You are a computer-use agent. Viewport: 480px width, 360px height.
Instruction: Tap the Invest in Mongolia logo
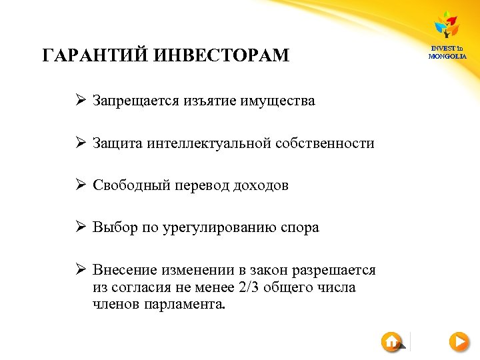(x=447, y=35)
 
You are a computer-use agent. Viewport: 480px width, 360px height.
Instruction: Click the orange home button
(x=391, y=342)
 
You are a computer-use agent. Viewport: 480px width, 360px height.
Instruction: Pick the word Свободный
(x=129, y=185)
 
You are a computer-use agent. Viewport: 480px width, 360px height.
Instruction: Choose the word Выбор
(x=114, y=227)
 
